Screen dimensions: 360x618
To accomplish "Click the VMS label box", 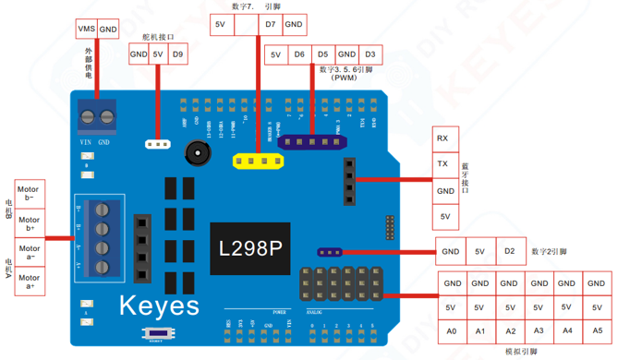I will click(85, 30).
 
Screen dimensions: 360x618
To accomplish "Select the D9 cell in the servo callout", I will click(177, 55).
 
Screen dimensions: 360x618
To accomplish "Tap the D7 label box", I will click(270, 25).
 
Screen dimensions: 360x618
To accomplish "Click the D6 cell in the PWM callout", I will click(299, 55).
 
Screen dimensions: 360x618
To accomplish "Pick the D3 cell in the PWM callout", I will click(370, 55).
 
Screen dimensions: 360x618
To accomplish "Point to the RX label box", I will click(443, 138).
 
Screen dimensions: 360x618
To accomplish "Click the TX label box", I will click(443, 164).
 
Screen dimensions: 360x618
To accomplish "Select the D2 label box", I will click(509, 251).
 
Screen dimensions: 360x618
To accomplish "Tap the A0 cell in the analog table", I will click(452, 330).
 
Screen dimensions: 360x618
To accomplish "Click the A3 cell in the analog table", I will click(538, 330).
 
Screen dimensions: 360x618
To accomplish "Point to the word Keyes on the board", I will click(158, 305).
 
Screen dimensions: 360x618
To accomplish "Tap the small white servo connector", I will click(159, 144).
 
